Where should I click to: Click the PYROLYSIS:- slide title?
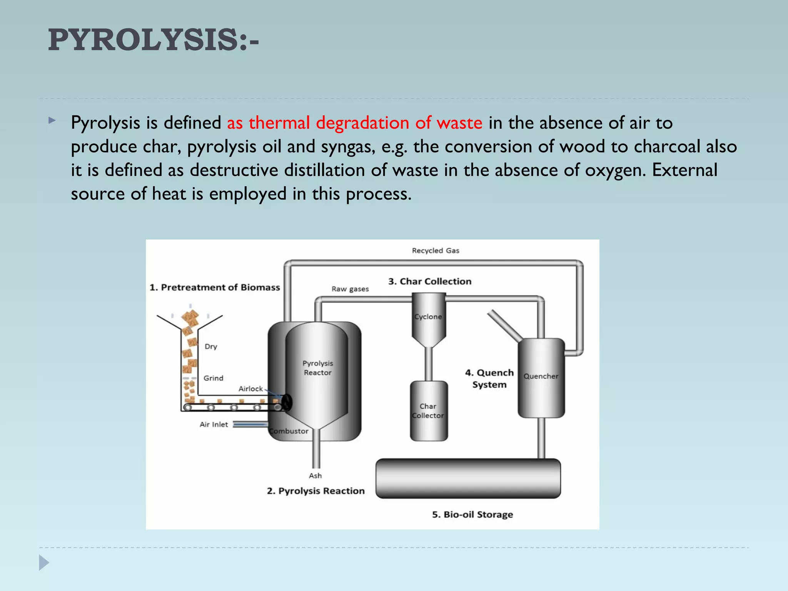tap(153, 40)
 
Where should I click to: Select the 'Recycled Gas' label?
tap(436, 251)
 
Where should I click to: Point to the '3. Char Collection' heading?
tap(430, 282)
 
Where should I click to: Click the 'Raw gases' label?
tap(350, 289)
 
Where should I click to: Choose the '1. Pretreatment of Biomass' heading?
tap(215, 287)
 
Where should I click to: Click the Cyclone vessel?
tap(428, 319)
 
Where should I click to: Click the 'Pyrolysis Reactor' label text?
tap(317, 368)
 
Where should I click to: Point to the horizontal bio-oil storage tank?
tap(468, 478)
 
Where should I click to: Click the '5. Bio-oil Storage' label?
tap(472, 515)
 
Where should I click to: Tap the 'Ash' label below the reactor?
tap(315, 476)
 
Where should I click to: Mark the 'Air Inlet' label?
tap(214, 425)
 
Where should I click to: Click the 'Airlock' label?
tap(250, 389)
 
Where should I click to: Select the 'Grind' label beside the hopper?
tap(213, 378)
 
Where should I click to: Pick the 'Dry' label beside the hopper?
tap(211, 347)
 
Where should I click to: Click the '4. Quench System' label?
tap(489, 379)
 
